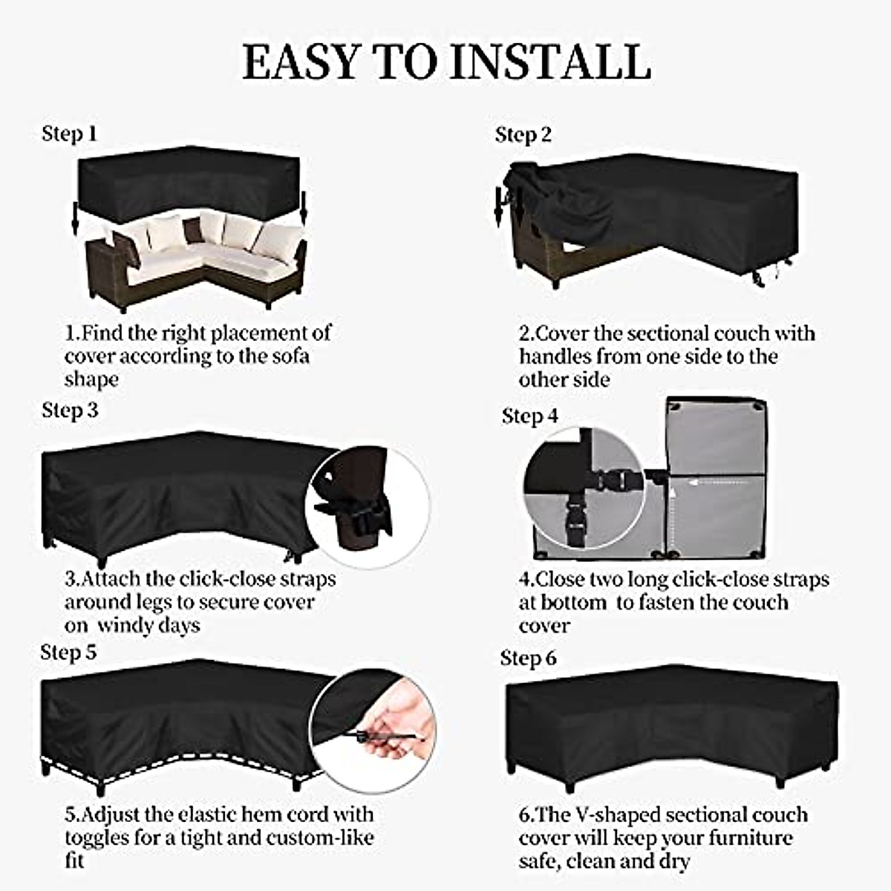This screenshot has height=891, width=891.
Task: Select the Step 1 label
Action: pos(69,134)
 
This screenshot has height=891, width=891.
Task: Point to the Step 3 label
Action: pos(70,410)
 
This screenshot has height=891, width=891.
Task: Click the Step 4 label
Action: pos(529,416)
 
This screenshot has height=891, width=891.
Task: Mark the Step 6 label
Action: pos(528,658)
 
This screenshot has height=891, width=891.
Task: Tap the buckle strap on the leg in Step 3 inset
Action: pos(355,512)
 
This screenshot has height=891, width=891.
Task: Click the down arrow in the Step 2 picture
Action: pos(497,208)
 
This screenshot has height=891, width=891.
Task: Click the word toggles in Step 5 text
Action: pos(97,838)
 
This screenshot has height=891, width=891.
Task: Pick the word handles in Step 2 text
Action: pos(555,356)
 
